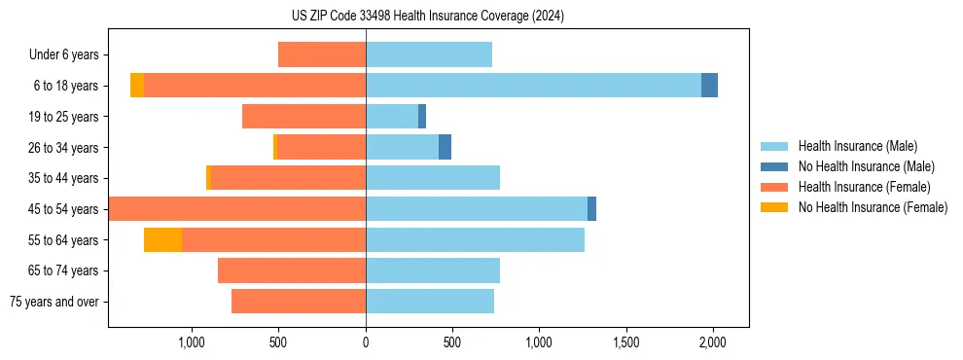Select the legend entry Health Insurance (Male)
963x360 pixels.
coord(857,146)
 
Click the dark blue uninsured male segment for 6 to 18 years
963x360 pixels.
coord(709,86)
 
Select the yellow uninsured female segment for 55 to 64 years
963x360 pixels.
coord(162,240)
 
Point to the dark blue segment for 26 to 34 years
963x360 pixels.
coord(445,147)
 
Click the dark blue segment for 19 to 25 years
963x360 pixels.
coord(422,117)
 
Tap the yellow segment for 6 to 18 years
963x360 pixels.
coord(137,86)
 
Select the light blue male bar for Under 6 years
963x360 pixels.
coord(429,54)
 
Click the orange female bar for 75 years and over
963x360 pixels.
coord(299,302)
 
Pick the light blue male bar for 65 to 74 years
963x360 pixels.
coord(433,270)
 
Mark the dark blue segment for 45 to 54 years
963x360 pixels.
coord(591,209)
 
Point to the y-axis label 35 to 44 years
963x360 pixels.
coord(63,178)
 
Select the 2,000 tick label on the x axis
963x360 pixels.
coord(713,342)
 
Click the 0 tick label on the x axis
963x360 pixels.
coord(366,342)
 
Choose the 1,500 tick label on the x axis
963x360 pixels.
coord(626,342)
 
